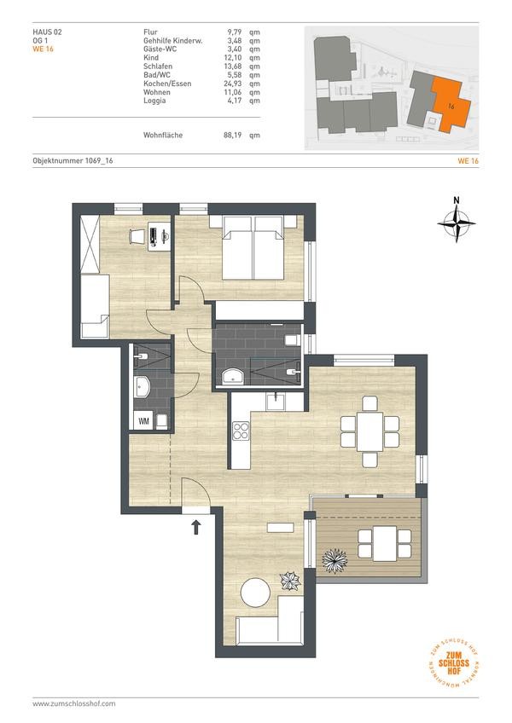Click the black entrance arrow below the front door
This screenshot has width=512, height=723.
pyautogui.click(x=196, y=527)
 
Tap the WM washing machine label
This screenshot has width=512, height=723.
pyautogui.click(x=143, y=421)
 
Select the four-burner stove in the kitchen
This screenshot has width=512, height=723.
pyautogui.click(x=240, y=431)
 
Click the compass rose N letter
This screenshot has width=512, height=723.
pyautogui.click(x=457, y=200)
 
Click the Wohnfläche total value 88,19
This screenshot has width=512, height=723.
pyautogui.click(x=232, y=135)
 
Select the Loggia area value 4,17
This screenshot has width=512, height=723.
pyautogui.click(x=235, y=101)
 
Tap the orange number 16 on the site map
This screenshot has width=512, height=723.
pyautogui.click(x=451, y=107)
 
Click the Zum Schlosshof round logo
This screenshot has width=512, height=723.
pyautogui.click(x=454, y=663)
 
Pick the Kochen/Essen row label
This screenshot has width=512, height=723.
pyautogui.click(x=167, y=84)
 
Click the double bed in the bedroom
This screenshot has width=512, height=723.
pyautogui.click(x=253, y=247)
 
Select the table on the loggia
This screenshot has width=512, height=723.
pyautogui.click(x=384, y=543)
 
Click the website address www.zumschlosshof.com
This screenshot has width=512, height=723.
pyautogui.click(x=74, y=703)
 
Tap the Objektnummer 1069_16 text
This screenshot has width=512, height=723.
pyautogui.click(x=73, y=160)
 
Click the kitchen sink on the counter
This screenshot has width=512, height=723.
pyautogui.click(x=277, y=401)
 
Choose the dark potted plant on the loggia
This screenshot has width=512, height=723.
pyautogui.click(x=335, y=560)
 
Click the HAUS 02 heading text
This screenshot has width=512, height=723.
pyautogui.click(x=47, y=32)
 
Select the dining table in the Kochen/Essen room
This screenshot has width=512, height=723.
pyautogui.click(x=369, y=431)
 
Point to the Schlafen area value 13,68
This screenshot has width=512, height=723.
pyautogui.click(x=233, y=66)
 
